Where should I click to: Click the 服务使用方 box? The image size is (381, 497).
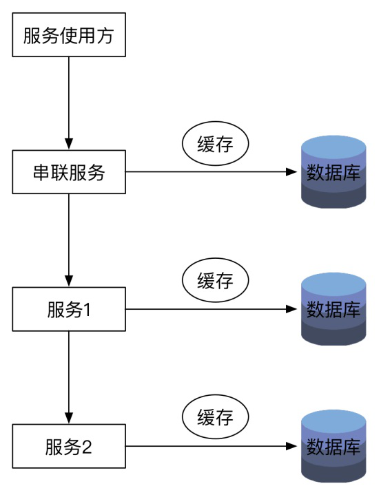coord(69,35)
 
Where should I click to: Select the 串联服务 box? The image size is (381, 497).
coord(69,172)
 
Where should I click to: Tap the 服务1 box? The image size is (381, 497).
coord(69,309)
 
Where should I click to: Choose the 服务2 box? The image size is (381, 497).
coord(69,446)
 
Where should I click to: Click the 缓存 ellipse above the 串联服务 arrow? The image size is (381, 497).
coord(215,143)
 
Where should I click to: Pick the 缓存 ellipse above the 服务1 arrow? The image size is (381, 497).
coord(215,280)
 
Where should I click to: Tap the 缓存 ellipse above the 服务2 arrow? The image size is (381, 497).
coord(215,417)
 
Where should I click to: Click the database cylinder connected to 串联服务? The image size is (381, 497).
coord(333,172)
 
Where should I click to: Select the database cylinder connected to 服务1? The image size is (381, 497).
coord(333,309)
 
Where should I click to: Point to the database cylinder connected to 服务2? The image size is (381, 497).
coord(333,446)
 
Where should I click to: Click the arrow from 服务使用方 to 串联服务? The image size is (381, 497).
coord(69,103)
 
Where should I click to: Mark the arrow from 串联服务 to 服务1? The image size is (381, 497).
coord(69,240)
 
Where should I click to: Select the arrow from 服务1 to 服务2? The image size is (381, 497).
coord(69,377)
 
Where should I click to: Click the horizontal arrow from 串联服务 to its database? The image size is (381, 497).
coord(212,172)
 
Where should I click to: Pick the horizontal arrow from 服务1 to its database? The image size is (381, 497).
coord(212,309)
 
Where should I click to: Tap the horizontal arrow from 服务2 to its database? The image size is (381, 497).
coord(212,446)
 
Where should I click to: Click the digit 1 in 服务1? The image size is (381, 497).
coord(86,310)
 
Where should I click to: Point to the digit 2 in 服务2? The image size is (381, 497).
coord(87,447)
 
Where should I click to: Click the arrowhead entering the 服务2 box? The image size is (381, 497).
coord(69,419)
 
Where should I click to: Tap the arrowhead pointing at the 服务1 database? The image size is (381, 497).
coord(291,309)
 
